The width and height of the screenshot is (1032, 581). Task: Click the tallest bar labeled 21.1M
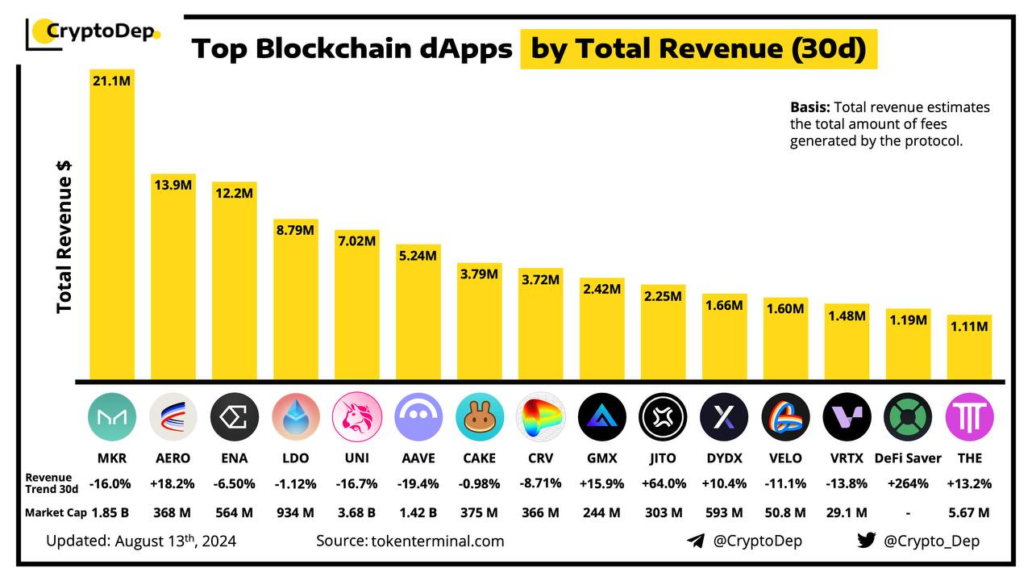(112, 226)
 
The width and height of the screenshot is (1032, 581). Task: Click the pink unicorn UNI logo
(356, 417)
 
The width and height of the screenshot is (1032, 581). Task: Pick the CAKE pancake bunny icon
(479, 417)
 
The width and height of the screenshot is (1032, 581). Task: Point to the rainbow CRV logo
(540, 417)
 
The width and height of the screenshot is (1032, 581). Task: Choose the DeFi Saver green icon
(908, 417)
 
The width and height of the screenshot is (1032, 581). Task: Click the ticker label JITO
(663, 458)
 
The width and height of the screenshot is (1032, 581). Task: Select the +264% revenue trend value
(908, 483)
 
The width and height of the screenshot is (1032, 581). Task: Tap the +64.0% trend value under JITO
(663, 483)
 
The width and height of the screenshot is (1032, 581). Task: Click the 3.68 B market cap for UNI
(356, 512)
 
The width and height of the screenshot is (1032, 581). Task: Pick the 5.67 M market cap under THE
(969, 512)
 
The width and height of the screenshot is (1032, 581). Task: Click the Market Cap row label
(55, 512)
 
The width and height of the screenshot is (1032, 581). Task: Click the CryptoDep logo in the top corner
(94, 32)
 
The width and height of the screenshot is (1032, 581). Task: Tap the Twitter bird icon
(866, 541)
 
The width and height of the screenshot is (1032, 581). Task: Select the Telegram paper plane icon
(696, 541)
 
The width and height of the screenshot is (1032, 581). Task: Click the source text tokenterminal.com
(410, 541)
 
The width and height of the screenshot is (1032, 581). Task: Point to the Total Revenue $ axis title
(64, 234)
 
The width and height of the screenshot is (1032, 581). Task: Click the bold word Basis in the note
(809, 107)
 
